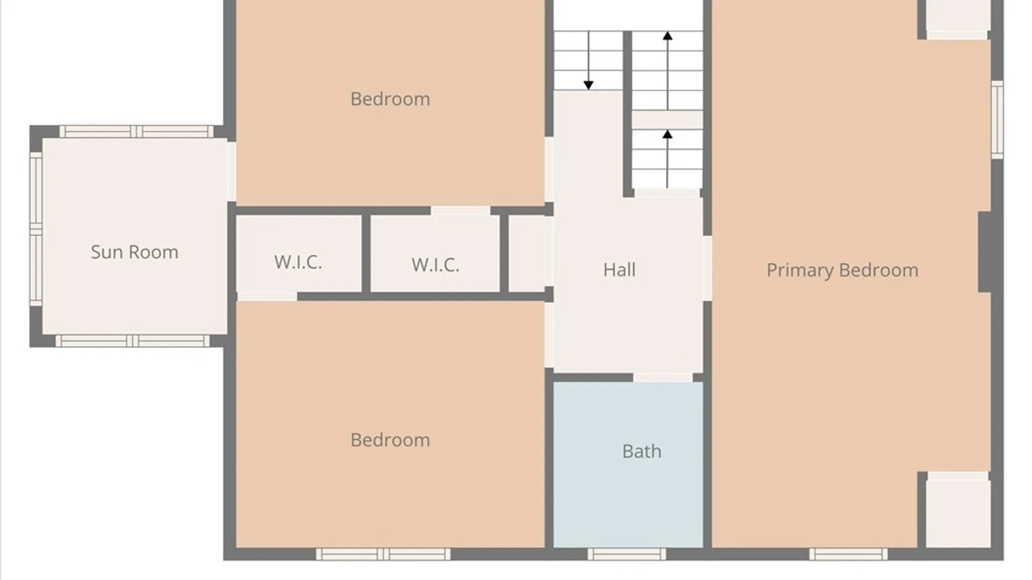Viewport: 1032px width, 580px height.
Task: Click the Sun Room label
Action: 134,252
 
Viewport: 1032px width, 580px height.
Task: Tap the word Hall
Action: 619,270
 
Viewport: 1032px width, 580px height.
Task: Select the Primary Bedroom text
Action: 842,270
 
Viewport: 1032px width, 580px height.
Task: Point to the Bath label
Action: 642,451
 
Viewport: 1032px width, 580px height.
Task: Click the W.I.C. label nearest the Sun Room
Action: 298,262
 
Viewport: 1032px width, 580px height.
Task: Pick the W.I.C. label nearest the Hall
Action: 435,265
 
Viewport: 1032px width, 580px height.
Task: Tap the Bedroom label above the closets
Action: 390,99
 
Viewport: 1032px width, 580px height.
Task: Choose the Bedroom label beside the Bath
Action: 390,440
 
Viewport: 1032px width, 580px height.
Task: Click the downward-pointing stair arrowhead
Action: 589,85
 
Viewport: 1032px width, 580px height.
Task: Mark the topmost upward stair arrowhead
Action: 668,36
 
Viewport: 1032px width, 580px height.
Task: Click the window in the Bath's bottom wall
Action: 627,554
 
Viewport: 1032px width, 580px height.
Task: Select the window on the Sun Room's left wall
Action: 36,229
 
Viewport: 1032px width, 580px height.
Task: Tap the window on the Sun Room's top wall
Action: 137,132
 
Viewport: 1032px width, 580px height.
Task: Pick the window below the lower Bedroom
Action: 383,554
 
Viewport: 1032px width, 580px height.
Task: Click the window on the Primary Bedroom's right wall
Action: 997,120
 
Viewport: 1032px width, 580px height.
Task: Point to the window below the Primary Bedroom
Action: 849,554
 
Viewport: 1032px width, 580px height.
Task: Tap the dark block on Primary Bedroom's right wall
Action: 984,252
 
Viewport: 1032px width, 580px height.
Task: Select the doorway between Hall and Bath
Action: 663,378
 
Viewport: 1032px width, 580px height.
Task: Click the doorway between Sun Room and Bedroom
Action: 231,171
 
